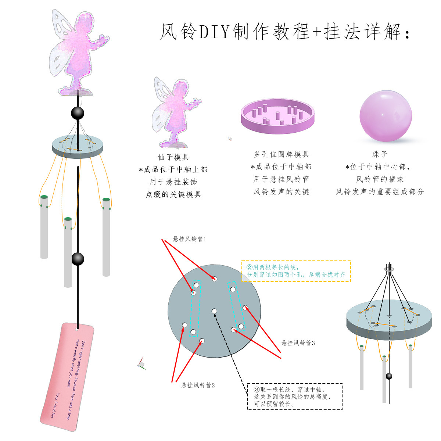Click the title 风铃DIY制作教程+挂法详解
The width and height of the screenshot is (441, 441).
pos(285,32)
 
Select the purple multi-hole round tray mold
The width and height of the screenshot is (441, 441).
pos(277,117)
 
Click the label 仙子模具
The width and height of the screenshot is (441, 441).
pos(173,157)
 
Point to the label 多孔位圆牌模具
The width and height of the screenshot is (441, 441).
pos(281,154)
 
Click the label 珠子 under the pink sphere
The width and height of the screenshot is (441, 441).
pos(380,154)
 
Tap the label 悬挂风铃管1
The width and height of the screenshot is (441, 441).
pos(190,239)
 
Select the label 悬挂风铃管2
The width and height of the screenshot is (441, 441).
pos(198,385)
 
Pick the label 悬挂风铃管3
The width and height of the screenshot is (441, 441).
pos(298,343)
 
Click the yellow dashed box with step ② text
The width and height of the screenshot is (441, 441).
pos(296,271)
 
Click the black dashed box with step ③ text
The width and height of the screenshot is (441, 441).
pos(294,397)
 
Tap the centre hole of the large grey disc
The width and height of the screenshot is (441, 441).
pos(214,311)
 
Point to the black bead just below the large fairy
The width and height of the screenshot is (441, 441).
pos(78,113)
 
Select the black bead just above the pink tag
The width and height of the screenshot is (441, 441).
pos(78,259)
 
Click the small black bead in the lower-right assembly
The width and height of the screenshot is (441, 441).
pos(389,376)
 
